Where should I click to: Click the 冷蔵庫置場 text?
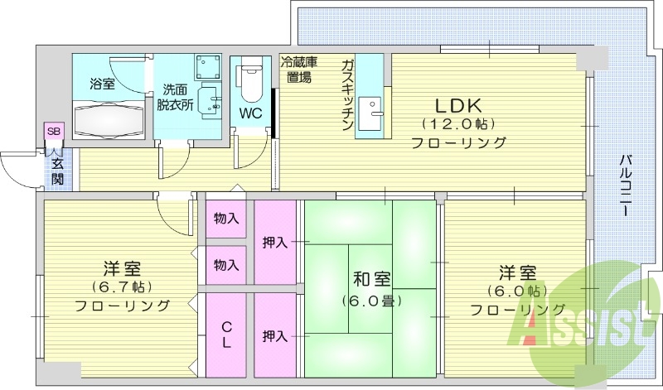click(299, 70)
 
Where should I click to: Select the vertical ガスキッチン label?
click(348, 93)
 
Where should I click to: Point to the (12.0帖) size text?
click(457, 123)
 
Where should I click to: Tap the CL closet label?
click(226, 334)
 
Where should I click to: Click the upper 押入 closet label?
click(275, 243)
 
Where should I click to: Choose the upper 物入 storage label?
click(226, 219)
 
